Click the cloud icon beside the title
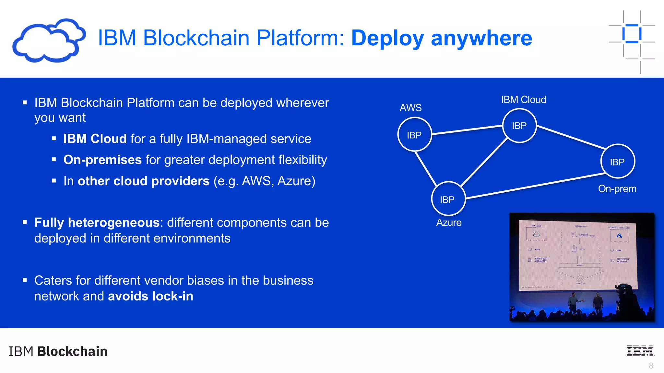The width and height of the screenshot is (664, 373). [49, 40]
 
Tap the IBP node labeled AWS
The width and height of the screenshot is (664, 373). [414, 134]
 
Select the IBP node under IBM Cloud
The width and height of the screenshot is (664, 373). [519, 126]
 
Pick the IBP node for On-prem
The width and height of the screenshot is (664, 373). [617, 162]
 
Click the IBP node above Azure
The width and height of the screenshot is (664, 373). [448, 199]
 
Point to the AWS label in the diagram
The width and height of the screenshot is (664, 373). [410, 107]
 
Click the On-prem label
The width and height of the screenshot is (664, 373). [617, 188]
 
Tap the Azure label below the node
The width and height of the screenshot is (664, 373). [449, 222]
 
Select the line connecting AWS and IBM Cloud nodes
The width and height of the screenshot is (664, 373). [467, 130]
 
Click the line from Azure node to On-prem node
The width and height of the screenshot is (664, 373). [535, 186]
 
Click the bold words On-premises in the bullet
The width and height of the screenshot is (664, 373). [102, 160]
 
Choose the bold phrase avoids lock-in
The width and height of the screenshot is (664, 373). [150, 296]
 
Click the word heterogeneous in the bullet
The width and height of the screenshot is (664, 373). [113, 222]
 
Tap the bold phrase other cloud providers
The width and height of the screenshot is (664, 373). [143, 181]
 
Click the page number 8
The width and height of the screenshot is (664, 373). [651, 366]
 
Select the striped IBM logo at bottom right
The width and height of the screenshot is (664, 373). [640, 351]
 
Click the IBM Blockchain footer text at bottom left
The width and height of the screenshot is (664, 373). [58, 351]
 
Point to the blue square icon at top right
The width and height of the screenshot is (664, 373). [632, 34]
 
